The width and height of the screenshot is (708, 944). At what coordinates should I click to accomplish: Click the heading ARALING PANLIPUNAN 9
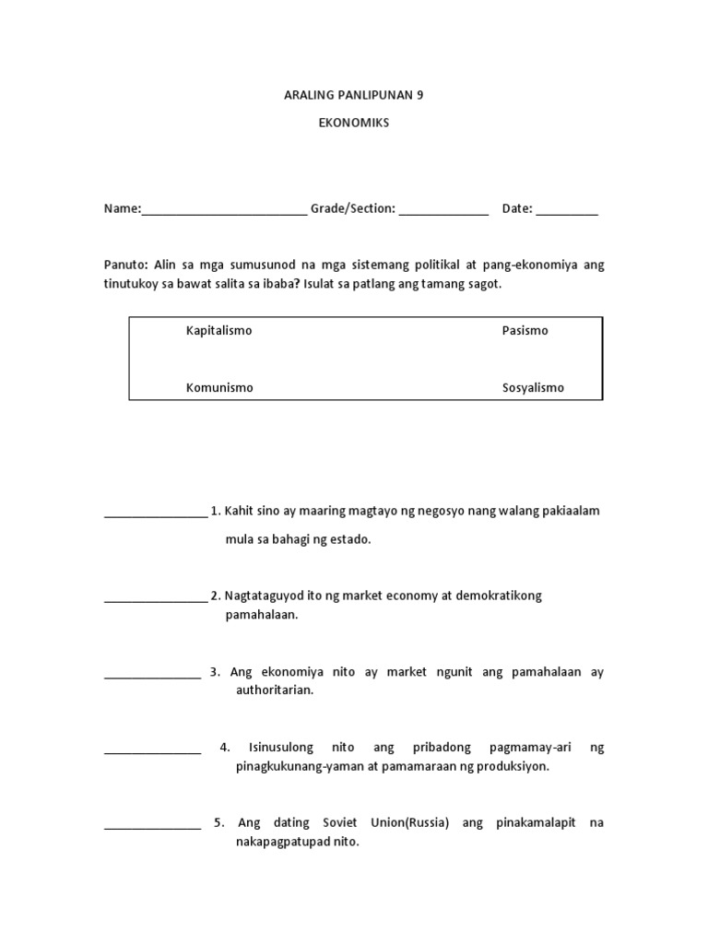click(x=354, y=95)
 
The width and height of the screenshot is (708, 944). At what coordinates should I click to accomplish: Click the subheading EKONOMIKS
click(x=354, y=124)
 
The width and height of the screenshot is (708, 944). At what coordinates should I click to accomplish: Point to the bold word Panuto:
click(x=125, y=265)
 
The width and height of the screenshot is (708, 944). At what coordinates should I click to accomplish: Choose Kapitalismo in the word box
click(x=218, y=331)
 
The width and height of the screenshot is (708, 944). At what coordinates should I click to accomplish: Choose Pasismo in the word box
click(x=525, y=331)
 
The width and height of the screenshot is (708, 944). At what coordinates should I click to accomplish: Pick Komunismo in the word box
click(x=219, y=388)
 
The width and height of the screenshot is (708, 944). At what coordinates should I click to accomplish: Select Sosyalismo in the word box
click(x=532, y=388)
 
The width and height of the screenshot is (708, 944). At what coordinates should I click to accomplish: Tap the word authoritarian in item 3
click(x=274, y=690)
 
